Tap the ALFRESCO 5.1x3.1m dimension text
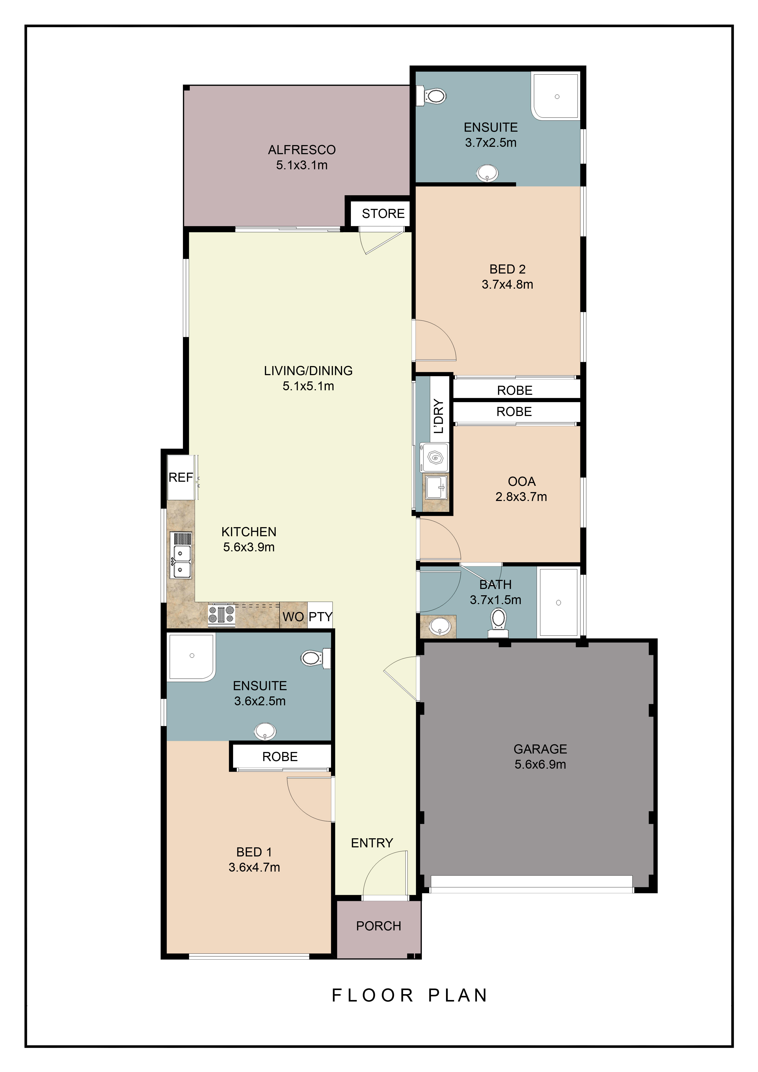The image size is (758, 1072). (x=302, y=165)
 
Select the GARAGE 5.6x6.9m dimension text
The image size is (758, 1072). (x=541, y=764)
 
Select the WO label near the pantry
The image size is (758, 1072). (x=293, y=617)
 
